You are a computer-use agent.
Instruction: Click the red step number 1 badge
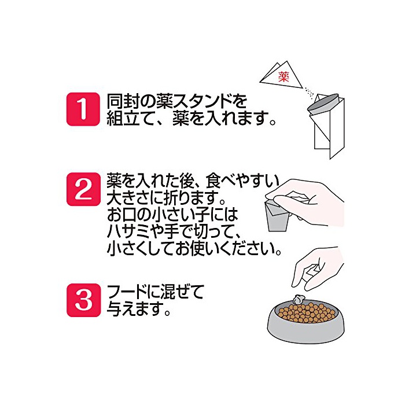point(83,109)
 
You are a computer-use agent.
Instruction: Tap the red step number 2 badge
point(83,189)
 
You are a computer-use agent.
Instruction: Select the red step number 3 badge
point(83,300)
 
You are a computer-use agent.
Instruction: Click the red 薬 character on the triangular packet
point(283,77)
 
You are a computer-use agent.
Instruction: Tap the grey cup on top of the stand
point(323,105)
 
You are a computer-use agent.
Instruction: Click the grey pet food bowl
point(305,321)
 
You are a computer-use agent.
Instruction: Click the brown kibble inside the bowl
point(307,312)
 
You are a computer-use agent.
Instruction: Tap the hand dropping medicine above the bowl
point(318,268)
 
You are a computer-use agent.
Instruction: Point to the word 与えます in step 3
point(135,308)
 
